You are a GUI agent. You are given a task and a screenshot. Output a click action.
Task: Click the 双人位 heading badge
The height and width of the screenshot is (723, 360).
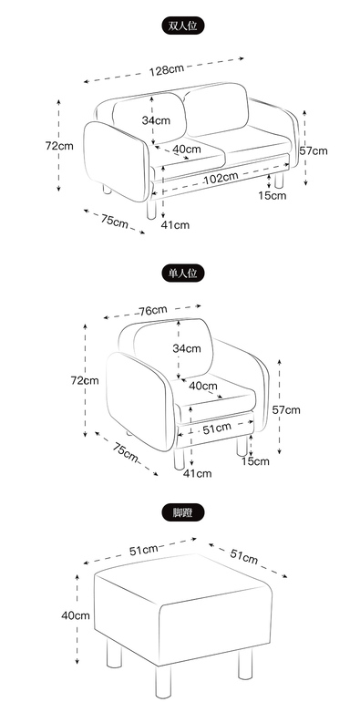pos(182,26)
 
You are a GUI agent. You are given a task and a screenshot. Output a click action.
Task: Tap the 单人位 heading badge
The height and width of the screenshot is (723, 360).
pos(182,273)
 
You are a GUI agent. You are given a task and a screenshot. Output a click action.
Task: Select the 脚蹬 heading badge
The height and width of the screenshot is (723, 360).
pos(182,512)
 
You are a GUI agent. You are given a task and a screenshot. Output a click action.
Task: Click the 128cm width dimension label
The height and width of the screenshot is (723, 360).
pos(166,70)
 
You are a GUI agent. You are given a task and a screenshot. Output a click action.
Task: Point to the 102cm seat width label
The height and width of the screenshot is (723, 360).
pos(221,178)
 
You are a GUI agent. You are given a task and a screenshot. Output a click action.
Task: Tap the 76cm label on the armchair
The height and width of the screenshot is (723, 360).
pos(153,310)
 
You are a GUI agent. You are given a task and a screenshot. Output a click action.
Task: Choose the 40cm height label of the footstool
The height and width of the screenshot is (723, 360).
pos(76,615)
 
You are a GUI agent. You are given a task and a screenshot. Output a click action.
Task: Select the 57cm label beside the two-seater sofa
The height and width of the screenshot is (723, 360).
pos(313,150)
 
